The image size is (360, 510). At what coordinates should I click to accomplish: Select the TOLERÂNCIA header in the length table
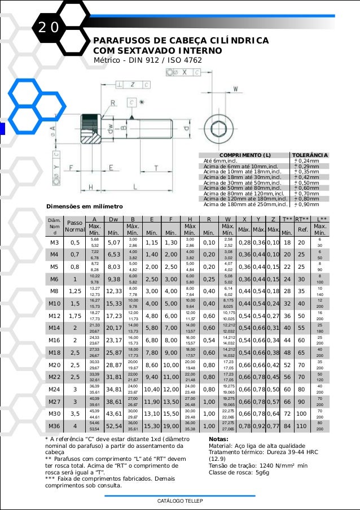(310, 155)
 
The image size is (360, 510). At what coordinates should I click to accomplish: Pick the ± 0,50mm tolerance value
(307, 182)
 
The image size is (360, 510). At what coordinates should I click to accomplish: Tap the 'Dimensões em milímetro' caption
(84, 207)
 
